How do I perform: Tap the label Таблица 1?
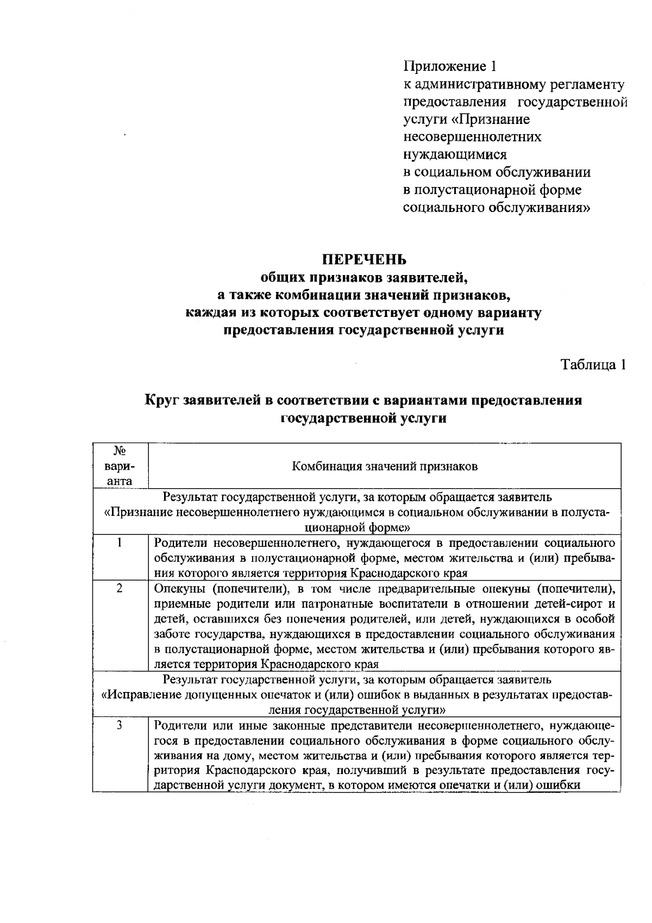(x=593, y=365)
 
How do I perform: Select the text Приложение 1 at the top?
(x=450, y=66)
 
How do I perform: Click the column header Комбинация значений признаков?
(x=385, y=466)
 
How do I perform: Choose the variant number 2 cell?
(x=120, y=588)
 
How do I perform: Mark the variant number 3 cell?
(x=120, y=725)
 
